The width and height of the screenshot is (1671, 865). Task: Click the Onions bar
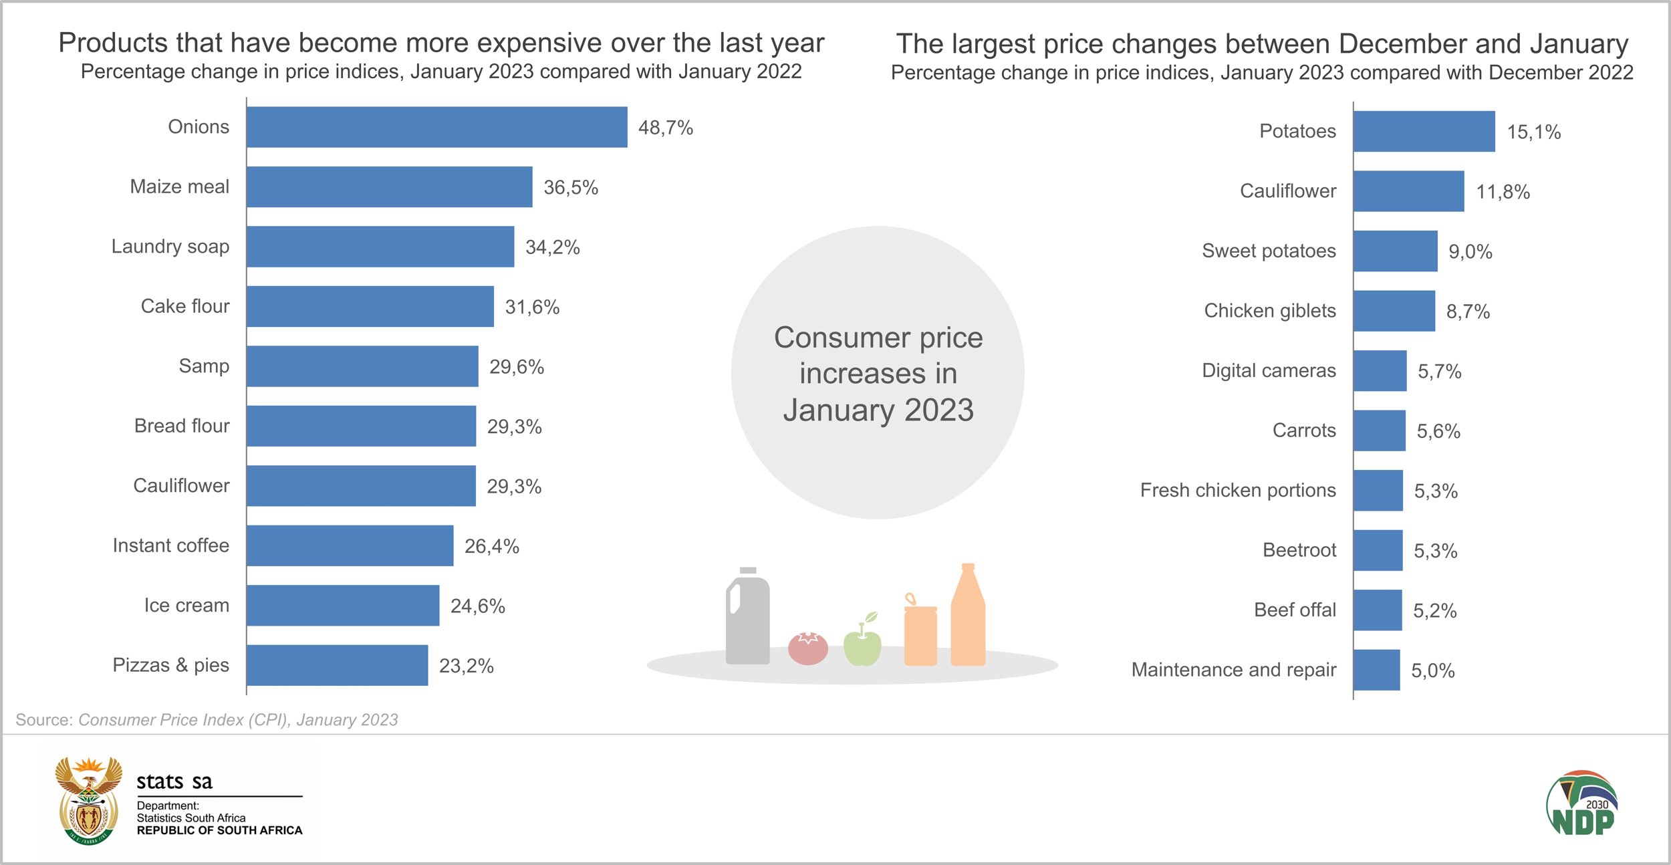point(436,127)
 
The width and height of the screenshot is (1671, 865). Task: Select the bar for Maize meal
point(389,187)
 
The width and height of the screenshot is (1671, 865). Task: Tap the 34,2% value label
point(552,247)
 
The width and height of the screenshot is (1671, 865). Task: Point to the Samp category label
point(204,366)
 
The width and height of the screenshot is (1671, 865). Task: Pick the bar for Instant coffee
point(350,545)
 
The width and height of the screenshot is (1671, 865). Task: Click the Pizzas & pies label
point(170,665)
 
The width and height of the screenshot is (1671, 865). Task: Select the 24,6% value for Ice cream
point(477,606)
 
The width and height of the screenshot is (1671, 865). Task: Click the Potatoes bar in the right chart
point(1424,132)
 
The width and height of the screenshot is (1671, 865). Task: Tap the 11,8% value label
point(1503,193)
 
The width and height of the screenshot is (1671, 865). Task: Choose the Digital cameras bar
point(1380,371)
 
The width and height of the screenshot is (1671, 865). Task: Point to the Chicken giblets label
point(1270,311)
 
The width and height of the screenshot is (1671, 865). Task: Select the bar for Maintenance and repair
point(1376,670)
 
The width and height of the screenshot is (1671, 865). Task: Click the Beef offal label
point(1295,610)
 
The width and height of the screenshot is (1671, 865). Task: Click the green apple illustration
point(862,643)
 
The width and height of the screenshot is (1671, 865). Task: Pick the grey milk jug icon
point(748,618)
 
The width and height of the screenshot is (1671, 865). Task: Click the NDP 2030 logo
point(1581,803)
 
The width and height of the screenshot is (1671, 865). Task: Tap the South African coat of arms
point(89,801)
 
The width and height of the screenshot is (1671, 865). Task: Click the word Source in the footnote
point(43,720)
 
